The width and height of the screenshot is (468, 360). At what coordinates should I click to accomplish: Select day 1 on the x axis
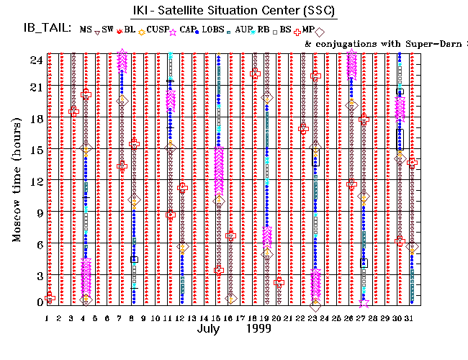tap(47, 318)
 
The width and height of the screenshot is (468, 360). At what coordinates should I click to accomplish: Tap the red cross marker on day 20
tap(279, 282)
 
